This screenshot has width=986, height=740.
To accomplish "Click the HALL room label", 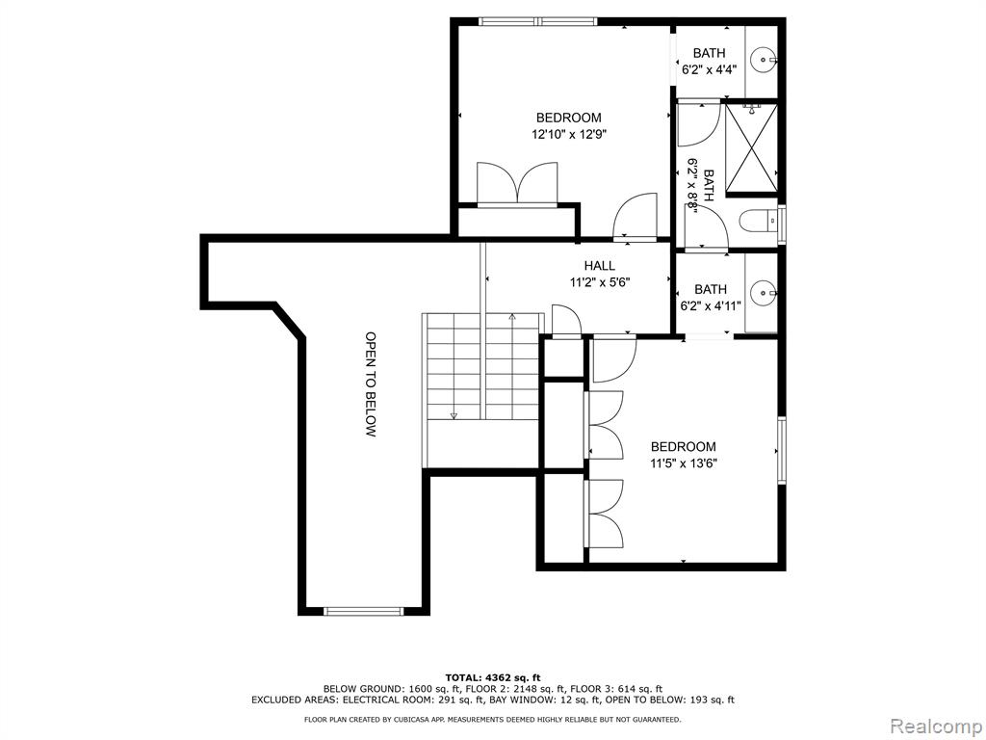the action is pyautogui.click(x=599, y=266).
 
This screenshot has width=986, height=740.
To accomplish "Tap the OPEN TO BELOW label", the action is pyautogui.click(x=371, y=384).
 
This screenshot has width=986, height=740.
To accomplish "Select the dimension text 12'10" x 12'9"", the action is pyautogui.click(x=568, y=134).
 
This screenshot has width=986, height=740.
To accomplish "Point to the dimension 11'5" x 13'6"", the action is pyautogui.click(x=684, y=463).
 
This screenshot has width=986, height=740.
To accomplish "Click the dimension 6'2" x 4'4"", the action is pyautogui.click(x=710, y=69).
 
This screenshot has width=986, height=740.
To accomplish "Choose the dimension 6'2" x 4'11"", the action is pyautogui.click(x=711, y=305).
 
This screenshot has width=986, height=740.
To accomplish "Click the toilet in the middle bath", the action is pyautogui.click(x=759, y=221).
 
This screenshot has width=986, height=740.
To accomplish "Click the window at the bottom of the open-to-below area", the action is pyautogui.click(x=363, y=610).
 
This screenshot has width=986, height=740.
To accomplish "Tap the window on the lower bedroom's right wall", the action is pyautogui.click(x=781, y=450).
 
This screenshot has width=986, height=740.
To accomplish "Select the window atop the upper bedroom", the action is pyautogui.click(x=537, y=21).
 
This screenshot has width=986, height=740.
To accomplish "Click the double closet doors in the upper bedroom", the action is pyautogui.click(x=517, y=183).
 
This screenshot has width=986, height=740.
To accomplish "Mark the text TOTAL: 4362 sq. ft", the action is pyautogui.click(x=493, y=677).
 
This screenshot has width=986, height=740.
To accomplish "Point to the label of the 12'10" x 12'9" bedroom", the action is pyautogui.click(x=568, y=118).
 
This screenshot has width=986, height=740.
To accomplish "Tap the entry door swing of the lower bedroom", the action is pyautogui.click(x=614, y=360).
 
